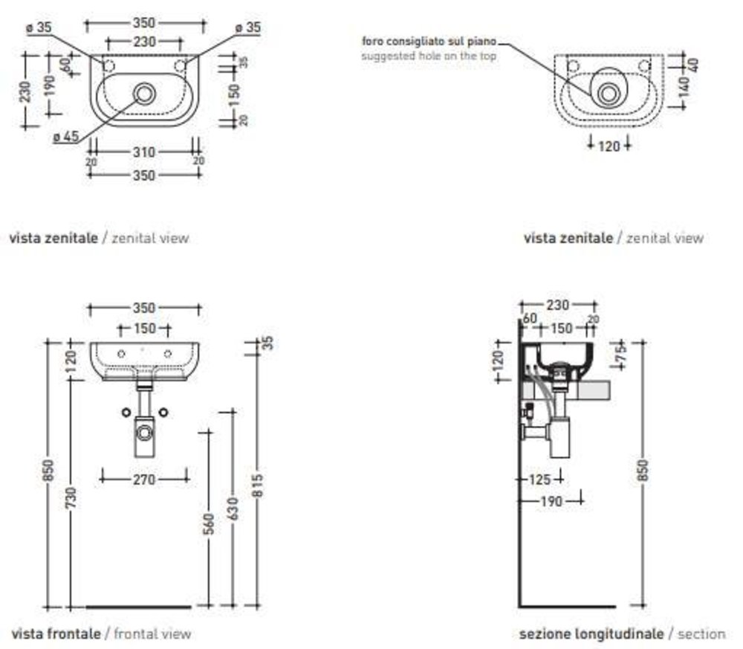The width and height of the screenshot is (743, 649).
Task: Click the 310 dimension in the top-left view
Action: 144,152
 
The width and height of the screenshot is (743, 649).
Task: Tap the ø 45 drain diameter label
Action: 67,136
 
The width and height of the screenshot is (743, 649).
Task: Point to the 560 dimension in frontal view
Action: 209,523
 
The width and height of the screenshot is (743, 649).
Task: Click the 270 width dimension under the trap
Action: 144,480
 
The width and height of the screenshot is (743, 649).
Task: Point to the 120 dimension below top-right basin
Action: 609,146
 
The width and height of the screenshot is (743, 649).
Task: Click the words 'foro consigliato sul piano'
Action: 429,41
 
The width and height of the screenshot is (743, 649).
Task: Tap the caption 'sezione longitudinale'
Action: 591,634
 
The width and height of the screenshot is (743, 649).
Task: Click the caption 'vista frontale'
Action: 56,634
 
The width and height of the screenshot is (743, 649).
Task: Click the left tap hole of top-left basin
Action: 108,66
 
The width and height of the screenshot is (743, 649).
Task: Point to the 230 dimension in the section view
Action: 557,305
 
